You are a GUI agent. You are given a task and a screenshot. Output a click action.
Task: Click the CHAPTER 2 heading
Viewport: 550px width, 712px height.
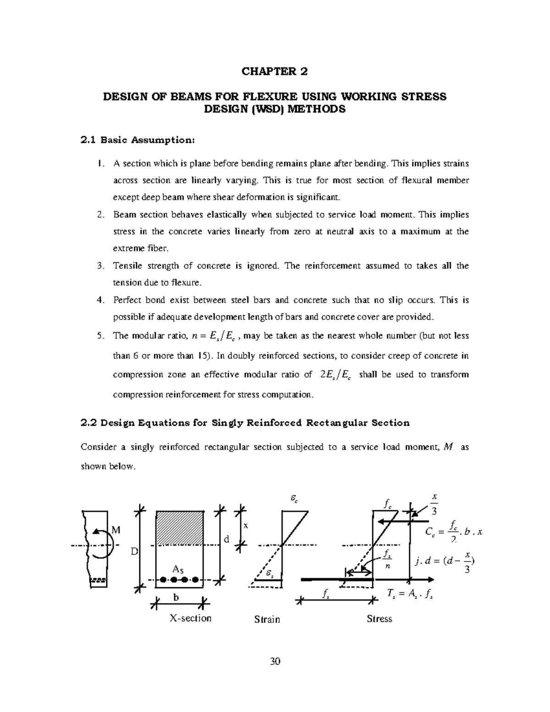click(x=275, y=72)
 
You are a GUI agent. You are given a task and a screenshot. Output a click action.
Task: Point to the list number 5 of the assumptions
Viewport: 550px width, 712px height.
click(x=100, y=336)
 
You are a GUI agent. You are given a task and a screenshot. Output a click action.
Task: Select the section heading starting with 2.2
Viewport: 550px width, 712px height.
click(x=245, y=423)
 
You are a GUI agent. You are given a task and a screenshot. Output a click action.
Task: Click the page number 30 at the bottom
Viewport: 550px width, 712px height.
click(x=275, y=661)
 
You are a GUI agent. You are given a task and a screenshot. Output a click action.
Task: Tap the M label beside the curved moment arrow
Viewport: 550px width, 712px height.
click(x=116, y=530)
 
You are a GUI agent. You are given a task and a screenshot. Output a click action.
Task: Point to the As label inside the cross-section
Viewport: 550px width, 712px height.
click(x=178, y=569)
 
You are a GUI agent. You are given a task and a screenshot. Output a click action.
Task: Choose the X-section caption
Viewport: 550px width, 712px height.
click(x=190, y=618)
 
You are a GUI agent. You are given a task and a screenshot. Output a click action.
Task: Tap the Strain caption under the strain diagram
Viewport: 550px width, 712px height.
click(x=267, y=619)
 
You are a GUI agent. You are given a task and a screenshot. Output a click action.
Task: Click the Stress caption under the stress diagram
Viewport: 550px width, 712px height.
click(x=379, y=618)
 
